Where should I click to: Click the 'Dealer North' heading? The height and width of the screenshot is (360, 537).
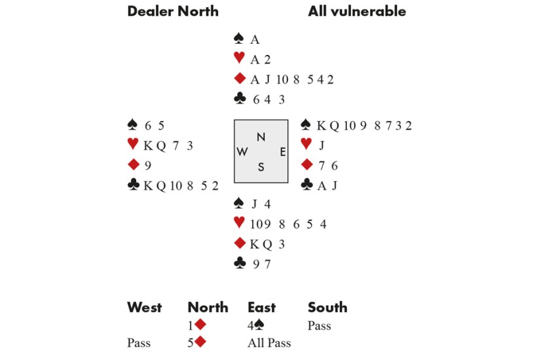(x=173, y=11)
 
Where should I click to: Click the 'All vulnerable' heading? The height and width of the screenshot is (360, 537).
(x=357, y=11)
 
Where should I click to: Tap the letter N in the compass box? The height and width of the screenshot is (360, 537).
(x=261, y=137)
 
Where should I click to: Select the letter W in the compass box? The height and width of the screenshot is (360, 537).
(x=242, y=152)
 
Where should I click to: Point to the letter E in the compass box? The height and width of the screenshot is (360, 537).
(x=282, y=152)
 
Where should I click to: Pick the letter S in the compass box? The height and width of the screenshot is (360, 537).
(x=261, y=167)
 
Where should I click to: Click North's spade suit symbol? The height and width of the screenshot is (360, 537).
(x=239, y=39)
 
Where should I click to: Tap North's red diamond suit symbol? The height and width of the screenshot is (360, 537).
(x=239, y=79)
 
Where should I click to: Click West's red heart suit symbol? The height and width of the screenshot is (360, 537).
(x=133, y=145)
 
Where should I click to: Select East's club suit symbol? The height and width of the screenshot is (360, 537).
(x=306, y=185)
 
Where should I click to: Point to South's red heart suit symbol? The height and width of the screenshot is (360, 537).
(x=239, y=224)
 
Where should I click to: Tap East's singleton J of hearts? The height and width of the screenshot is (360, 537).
(x=322, y=145)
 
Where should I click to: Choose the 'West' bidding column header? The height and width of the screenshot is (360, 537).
(x=144, y=307)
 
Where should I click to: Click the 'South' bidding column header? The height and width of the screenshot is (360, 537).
(x=327, y=307)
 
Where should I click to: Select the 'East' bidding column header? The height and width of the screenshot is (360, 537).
(x=261, y=307)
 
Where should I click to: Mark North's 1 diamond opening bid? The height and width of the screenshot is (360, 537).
(x=197, y=325)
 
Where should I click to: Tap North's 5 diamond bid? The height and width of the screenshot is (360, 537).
(x=197, y=343)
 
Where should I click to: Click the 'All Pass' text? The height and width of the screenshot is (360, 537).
(x=269, y=343)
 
